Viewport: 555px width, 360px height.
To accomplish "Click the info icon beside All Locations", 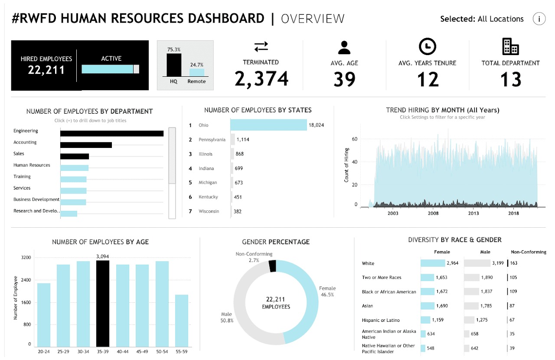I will (x=539, y=19).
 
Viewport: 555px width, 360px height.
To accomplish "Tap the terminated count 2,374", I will (x=261, y=79).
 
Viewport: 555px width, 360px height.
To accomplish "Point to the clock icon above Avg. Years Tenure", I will (x=428, y=46).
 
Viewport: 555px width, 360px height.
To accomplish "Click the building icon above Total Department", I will (x=510, y=46).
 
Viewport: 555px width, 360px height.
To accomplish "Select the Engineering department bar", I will (x=112, y=134).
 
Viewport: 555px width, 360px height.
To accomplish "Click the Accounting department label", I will (x=25, y=142).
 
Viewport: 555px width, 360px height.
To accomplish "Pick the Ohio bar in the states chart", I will (x=268, y=125).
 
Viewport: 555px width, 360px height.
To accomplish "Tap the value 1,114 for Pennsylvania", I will (x=243, y=140).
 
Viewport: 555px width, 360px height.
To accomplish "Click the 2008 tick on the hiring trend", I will (x=433, y=213).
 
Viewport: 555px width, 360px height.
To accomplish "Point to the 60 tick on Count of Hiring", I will (x=354, y=139).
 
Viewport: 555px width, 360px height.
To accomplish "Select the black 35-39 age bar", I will (x=102, y=304).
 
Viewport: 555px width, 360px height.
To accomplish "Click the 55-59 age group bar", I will (x=182, y=320).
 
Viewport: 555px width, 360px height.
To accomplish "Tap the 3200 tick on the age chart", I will (x=26, y=258).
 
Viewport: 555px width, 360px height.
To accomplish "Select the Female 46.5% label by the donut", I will (x=327, y=291).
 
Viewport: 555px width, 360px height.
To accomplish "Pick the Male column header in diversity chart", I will (x=485, y=252).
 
